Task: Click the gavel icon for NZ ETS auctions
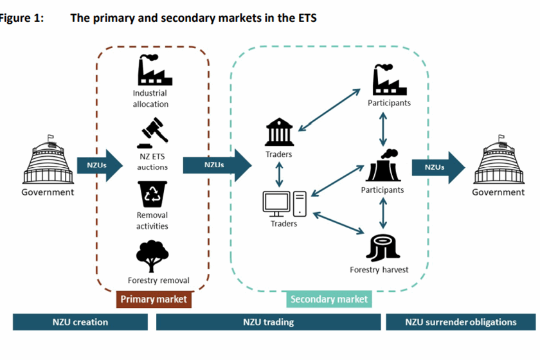[x=152, y=132]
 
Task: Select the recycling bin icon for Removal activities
[x=152, y=194]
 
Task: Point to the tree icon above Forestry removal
[x=153, y=255]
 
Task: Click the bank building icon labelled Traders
[x=280, y=132]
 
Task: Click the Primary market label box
[x=154, y=299]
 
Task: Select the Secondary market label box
[x=329, y=299]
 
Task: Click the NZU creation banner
[x=80, y=321]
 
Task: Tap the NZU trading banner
[x=268, y=321]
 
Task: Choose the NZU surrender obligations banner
[x=461, y=321]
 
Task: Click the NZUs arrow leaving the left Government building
[x=99, y=166]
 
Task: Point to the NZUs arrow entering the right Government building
[x=438, y=167]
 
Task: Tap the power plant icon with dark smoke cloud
[x=384, y=166]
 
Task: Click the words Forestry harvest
[x=379, y=269]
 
